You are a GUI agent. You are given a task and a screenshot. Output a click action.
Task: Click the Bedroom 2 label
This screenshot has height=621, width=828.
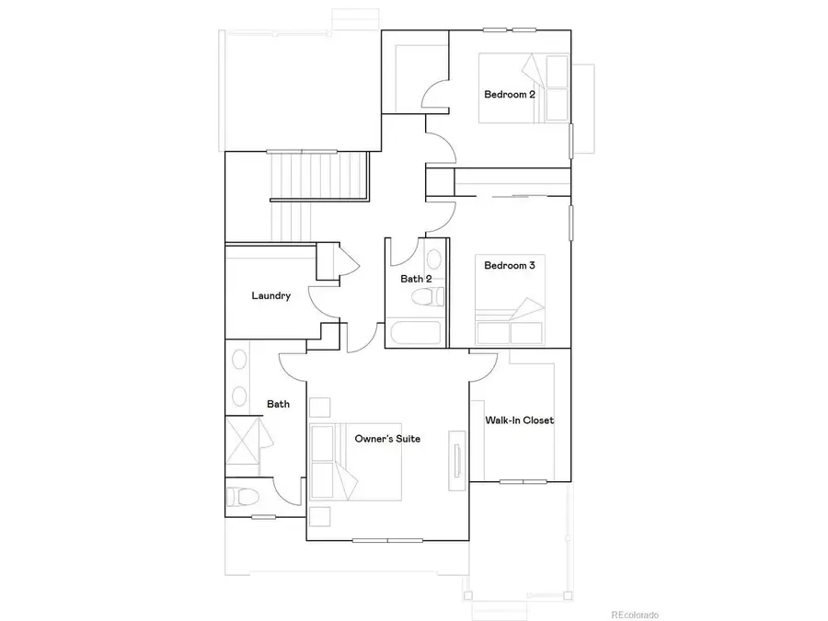point(510,95)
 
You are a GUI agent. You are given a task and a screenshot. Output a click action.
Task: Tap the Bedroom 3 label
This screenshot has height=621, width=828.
point(510,266)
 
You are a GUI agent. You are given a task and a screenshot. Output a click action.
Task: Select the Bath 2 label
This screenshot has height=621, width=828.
point(416,279)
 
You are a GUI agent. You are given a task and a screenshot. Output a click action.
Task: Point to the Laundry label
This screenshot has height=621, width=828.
point(271,296)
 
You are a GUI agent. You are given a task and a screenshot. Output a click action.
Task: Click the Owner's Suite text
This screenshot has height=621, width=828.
point(387,439)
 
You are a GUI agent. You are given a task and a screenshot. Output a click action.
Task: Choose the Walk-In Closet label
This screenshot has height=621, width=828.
point(519,420)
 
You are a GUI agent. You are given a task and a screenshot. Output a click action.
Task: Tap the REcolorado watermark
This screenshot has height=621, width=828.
point(635,615)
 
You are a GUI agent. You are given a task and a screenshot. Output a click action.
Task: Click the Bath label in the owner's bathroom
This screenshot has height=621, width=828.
point(279,404)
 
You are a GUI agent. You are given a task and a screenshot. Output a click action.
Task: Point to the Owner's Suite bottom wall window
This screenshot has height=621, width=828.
point(387,540)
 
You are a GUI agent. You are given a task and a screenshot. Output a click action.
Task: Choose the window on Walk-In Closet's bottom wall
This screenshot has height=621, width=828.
point(523,481)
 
